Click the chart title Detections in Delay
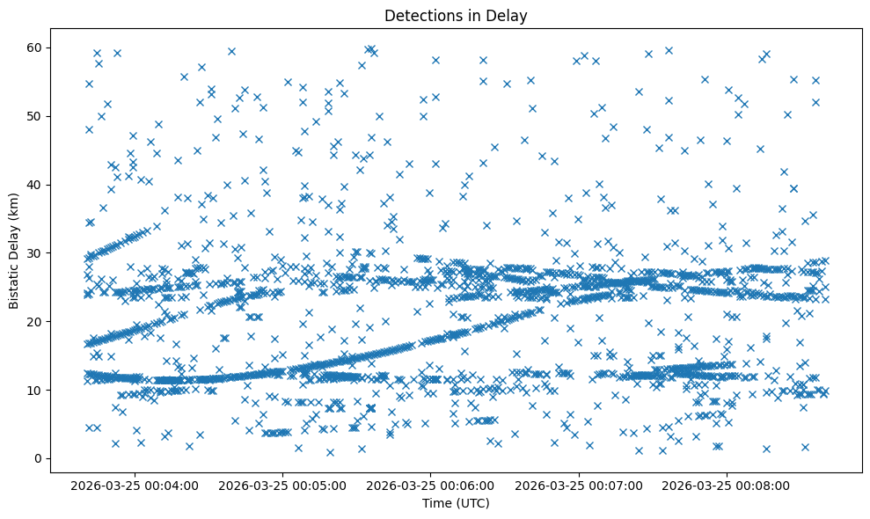click(x=456, y=15)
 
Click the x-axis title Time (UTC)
click(x=456, y=503)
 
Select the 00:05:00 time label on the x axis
click(x=284, y=485)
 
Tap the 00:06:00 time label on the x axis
click(x=432, y=485)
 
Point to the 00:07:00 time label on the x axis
click(x=580, y=485)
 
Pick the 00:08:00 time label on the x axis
click(x=727, y=485)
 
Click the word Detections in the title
click(x=420, y=15)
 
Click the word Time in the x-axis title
click(x=437, y=503)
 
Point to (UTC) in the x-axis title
click(x=472, y=503)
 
